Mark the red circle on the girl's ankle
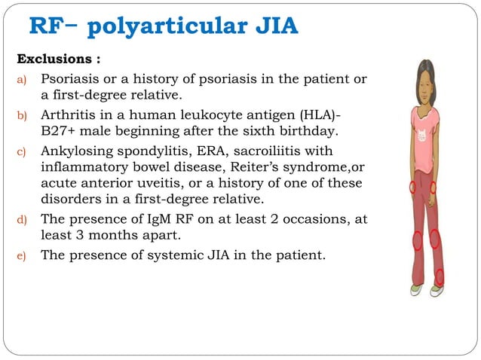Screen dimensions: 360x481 click(440, 276)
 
